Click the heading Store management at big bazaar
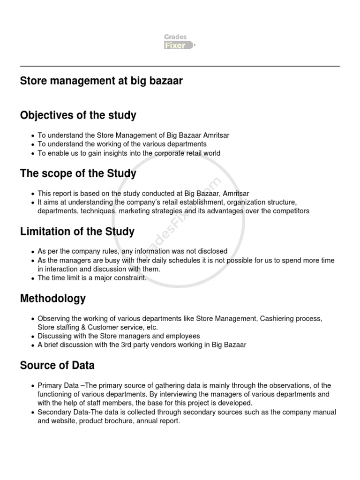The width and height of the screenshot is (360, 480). pyautogui.click(x=101, y=81)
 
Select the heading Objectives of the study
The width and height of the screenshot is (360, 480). pyautogui.click(x=78, y=115)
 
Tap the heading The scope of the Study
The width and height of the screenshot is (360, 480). pyautogui.click(x=78, y=173)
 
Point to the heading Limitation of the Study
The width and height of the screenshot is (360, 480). pyautogui.click(x=77, y=232)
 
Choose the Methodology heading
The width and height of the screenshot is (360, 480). pyautogui.click(x=53, y=299)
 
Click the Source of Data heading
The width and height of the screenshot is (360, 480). pyautogui.click(x=57, y=365)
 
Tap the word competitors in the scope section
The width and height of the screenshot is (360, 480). pyautogui.click(x=290, y=211)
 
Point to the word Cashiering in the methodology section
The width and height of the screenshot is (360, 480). pyautogui.click(x=277, y=318)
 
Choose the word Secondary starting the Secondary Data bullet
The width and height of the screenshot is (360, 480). pyautogui.click(x=55, y=412)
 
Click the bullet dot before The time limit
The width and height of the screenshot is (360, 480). pyautogui.click(x=32, y=278)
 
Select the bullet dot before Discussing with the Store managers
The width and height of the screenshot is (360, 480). pyautogui.click(x=32, y=337)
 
